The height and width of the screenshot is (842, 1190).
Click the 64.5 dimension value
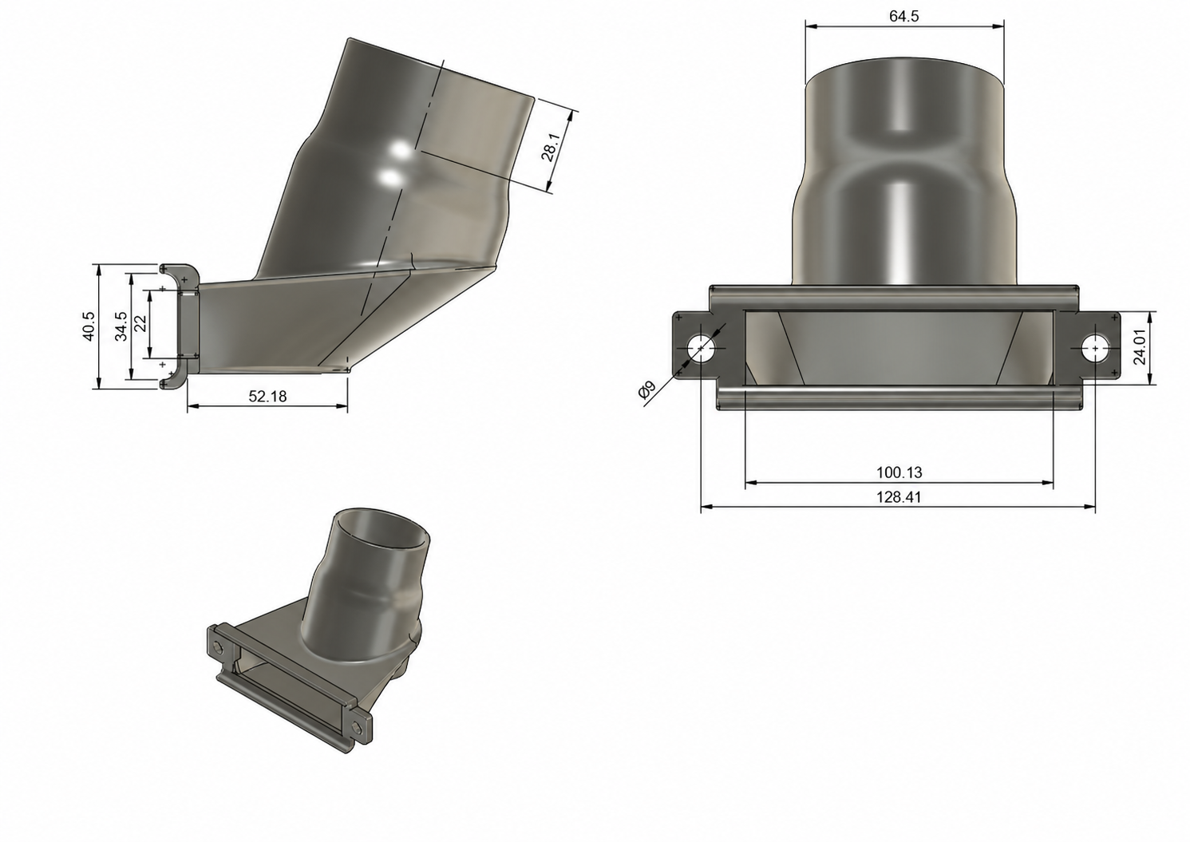(x=903, y=17)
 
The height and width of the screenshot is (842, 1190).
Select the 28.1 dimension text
(x=551, y=147)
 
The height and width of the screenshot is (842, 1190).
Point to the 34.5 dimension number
(x=121, y=326)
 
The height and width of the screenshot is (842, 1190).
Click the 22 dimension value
(x=140, y=323)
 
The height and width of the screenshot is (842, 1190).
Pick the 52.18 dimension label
(x=267, y=397)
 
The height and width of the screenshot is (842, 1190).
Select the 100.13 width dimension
(x=899, y=472)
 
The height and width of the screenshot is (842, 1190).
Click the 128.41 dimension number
(x=899, y=497)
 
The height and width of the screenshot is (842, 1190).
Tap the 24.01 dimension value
(x=1139, y=348)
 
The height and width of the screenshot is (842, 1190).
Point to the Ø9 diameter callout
(x=647, y=390)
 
